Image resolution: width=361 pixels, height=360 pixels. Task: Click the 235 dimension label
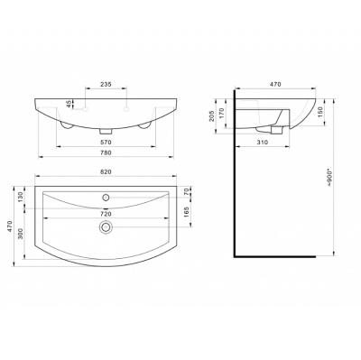(x=106, y=84)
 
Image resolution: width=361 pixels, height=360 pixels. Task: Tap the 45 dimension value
(x=69, y=105)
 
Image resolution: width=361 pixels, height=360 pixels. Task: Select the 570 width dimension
(x=106, y=142)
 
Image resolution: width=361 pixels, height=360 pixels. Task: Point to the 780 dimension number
(x=106, y=152)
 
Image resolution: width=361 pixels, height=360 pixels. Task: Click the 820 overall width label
(x=106, y=171)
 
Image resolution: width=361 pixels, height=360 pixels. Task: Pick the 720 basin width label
(x=106, y=214)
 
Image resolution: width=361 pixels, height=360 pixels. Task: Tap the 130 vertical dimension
(x=21, y=198)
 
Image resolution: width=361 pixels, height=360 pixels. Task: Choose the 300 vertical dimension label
(x=21, y=234)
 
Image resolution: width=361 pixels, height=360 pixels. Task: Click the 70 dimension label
(x=186, y=191)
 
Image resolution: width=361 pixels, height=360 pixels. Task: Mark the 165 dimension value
(x=186, y=212)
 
